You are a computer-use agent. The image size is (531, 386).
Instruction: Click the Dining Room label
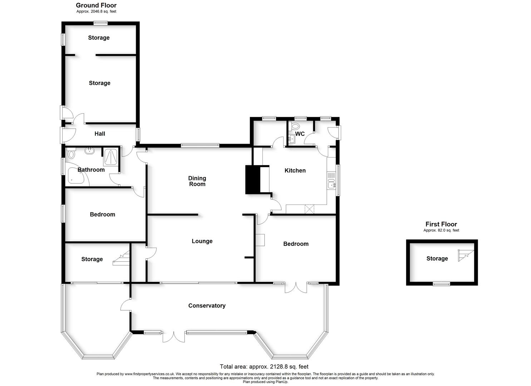point(197,181)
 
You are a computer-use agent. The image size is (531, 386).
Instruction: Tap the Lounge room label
point(202,241)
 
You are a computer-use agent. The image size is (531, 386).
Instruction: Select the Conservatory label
point(207,306)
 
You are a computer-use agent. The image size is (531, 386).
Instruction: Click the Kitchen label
point(295,170)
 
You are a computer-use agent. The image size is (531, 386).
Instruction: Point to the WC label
point(300,134)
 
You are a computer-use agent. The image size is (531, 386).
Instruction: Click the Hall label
point(100,134)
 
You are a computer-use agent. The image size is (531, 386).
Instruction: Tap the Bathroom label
point(91,170)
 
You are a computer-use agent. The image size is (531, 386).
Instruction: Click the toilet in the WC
point(295,126)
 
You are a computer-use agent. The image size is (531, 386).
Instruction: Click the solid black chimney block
point(252,179)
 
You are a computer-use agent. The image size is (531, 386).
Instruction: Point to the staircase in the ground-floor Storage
point(122,258)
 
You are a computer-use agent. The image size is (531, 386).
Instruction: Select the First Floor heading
point(441,224)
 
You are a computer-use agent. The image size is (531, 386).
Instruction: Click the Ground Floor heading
point(96,5)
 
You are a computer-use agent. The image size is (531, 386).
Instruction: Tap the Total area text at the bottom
point(264,366)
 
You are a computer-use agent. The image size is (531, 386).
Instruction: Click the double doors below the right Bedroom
point(296,287)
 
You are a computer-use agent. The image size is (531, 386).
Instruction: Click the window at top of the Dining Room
point(200,145)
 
